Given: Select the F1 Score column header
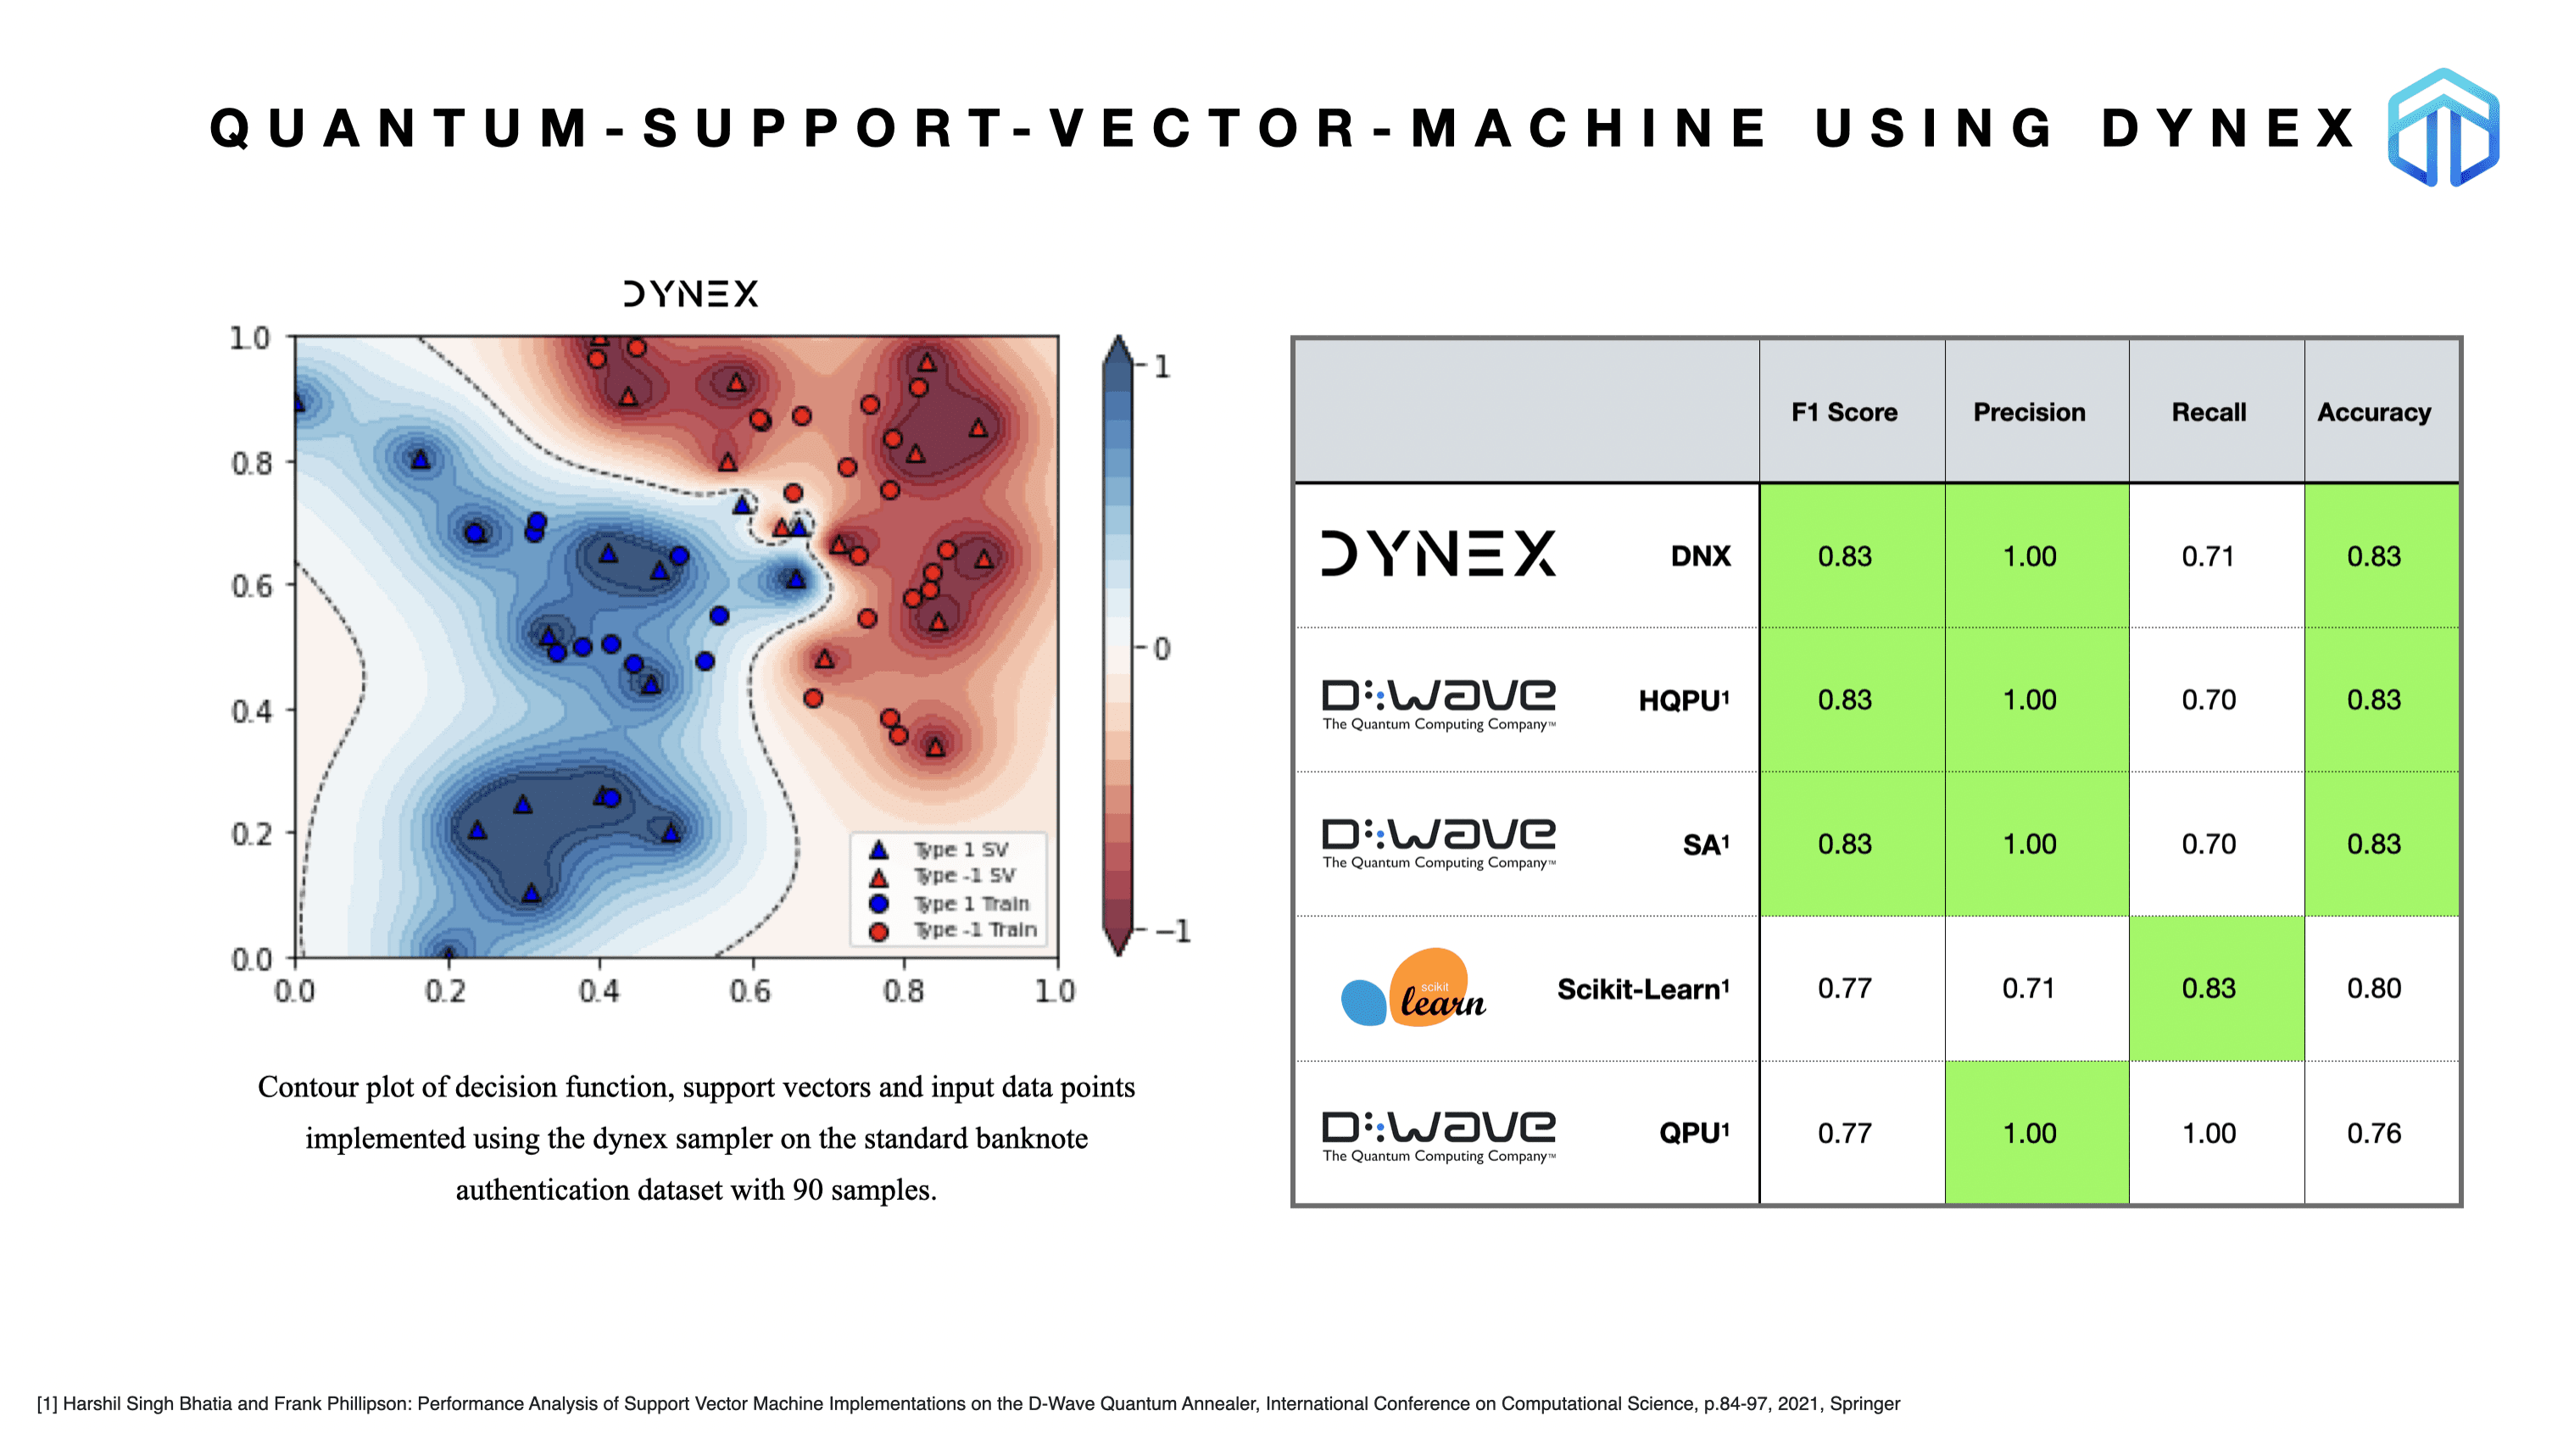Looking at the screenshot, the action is (x=1844, y=412).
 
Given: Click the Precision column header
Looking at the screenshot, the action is (x=2029, y=412).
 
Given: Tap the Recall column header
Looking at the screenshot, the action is (x=2209, y=412).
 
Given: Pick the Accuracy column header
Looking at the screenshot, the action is (x=2374, y=413).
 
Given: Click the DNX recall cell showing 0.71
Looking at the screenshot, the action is (x=2209, y=556).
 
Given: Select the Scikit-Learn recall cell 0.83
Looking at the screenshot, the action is (x=2209, y=988).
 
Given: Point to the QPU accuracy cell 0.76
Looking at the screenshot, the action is (x=2374, y=1133).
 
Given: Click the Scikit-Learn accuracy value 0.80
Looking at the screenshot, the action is (x=2374, y=988).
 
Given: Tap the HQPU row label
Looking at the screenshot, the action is (x=1683, y=700).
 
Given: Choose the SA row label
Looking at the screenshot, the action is (x=1705, y=844).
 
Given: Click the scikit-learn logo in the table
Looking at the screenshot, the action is (x=1413, y=987).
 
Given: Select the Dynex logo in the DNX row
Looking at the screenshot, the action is (x=1439, y=553).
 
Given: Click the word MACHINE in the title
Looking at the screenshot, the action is (x=1589, y=129).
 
